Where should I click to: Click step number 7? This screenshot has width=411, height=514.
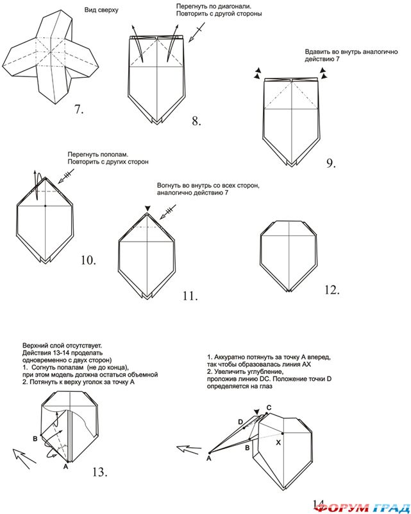(79, 109)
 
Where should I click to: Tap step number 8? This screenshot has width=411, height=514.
(197, 120)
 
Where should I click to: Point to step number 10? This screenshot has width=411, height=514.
(88, 260)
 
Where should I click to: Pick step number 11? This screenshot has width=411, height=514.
(189, 296)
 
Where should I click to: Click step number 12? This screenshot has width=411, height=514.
(331, 290)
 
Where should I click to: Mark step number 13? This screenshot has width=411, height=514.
(99, 472)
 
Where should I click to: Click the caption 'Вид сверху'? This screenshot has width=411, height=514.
(101, 12)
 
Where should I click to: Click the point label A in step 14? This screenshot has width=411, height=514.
(209, 458)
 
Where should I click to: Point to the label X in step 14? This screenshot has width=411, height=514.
(278, 443)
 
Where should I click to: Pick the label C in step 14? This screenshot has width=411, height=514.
(269, 407)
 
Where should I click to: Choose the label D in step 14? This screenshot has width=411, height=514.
(240, 421)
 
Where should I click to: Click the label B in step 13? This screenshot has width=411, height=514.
(35, 438)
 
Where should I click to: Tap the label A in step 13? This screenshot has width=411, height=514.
(69, 467)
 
